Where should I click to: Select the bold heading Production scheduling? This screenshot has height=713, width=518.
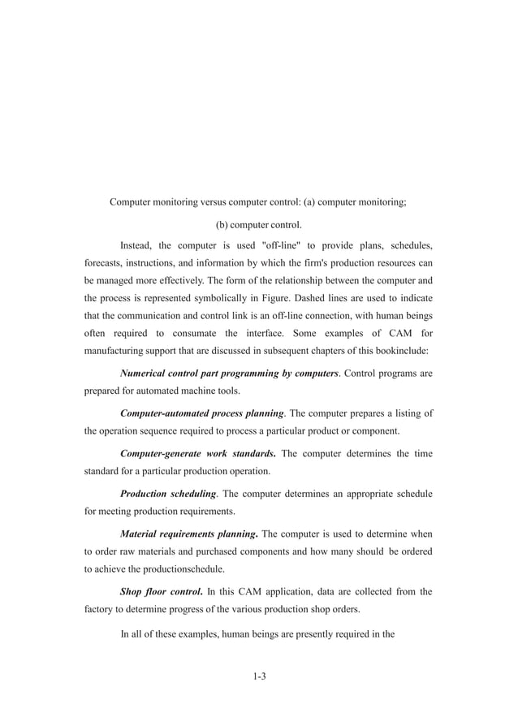pos(168,493)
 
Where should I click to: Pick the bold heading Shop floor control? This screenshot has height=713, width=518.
pos(161,591)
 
